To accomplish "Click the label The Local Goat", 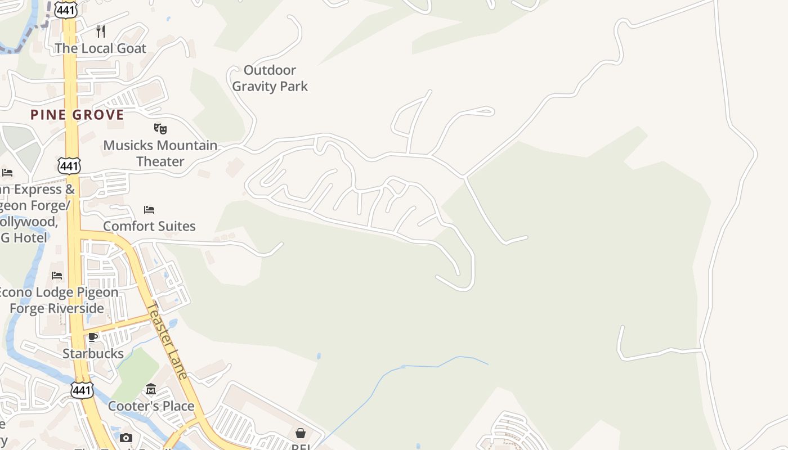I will point(100,48).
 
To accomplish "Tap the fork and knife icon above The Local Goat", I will point(101,31).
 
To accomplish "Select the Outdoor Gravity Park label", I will point(270,78).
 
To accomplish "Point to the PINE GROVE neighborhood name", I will point(77,115).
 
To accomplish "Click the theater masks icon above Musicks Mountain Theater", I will point(160,129).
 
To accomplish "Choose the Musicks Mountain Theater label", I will point(160,153).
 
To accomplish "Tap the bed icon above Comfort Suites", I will point(149,210).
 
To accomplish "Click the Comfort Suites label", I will point(149,226).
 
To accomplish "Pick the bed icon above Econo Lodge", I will point(57,276).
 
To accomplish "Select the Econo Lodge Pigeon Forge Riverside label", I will point(57,300).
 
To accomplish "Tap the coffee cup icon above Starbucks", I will point(93,337).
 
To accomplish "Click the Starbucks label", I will point(93,354).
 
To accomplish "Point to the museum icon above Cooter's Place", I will point(151,389).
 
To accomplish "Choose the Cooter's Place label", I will point(151,406).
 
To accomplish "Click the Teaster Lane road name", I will point(167,341).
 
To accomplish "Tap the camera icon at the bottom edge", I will point(126,438).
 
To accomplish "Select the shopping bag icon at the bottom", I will point(301,433).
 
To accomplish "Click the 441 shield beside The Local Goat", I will point(66,10).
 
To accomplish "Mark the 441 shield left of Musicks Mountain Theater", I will point(69,165).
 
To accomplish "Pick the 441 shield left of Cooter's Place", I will point(82,389).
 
